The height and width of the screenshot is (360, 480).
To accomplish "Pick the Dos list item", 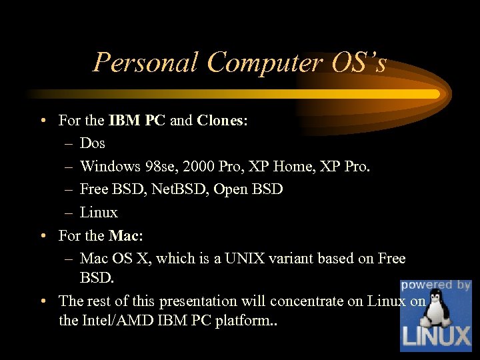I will (x=93, y=143).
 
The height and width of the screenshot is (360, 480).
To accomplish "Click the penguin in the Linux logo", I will (x=437, y=309).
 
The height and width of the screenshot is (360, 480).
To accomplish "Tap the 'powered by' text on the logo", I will (x=436, y=285).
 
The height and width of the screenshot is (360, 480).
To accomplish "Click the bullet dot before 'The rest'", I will (x=42, y=301).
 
